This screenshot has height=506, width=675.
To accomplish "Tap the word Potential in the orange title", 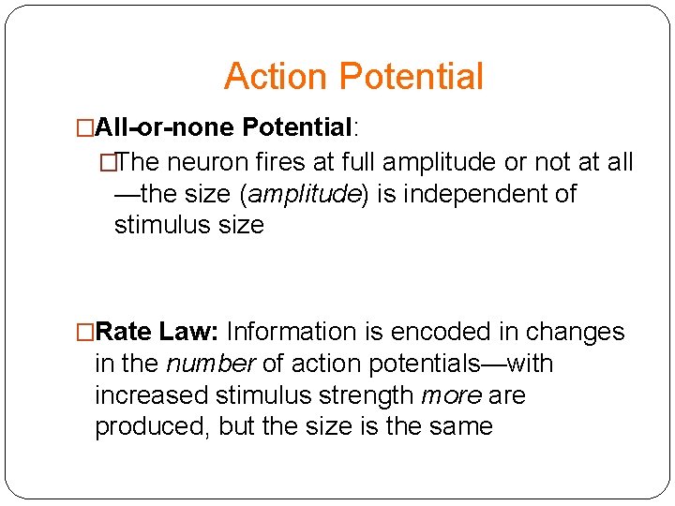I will (412, 77).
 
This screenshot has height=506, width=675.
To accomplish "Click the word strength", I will (367, 395).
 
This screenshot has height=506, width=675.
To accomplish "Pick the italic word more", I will (451, 395).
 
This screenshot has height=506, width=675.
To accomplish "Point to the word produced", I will (152, 427).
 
